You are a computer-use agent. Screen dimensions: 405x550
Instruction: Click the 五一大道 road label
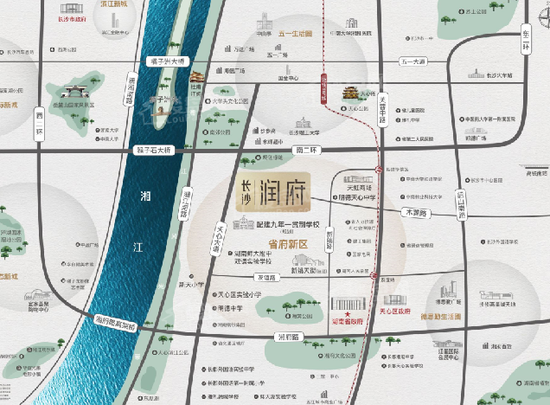click(414, 62)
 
